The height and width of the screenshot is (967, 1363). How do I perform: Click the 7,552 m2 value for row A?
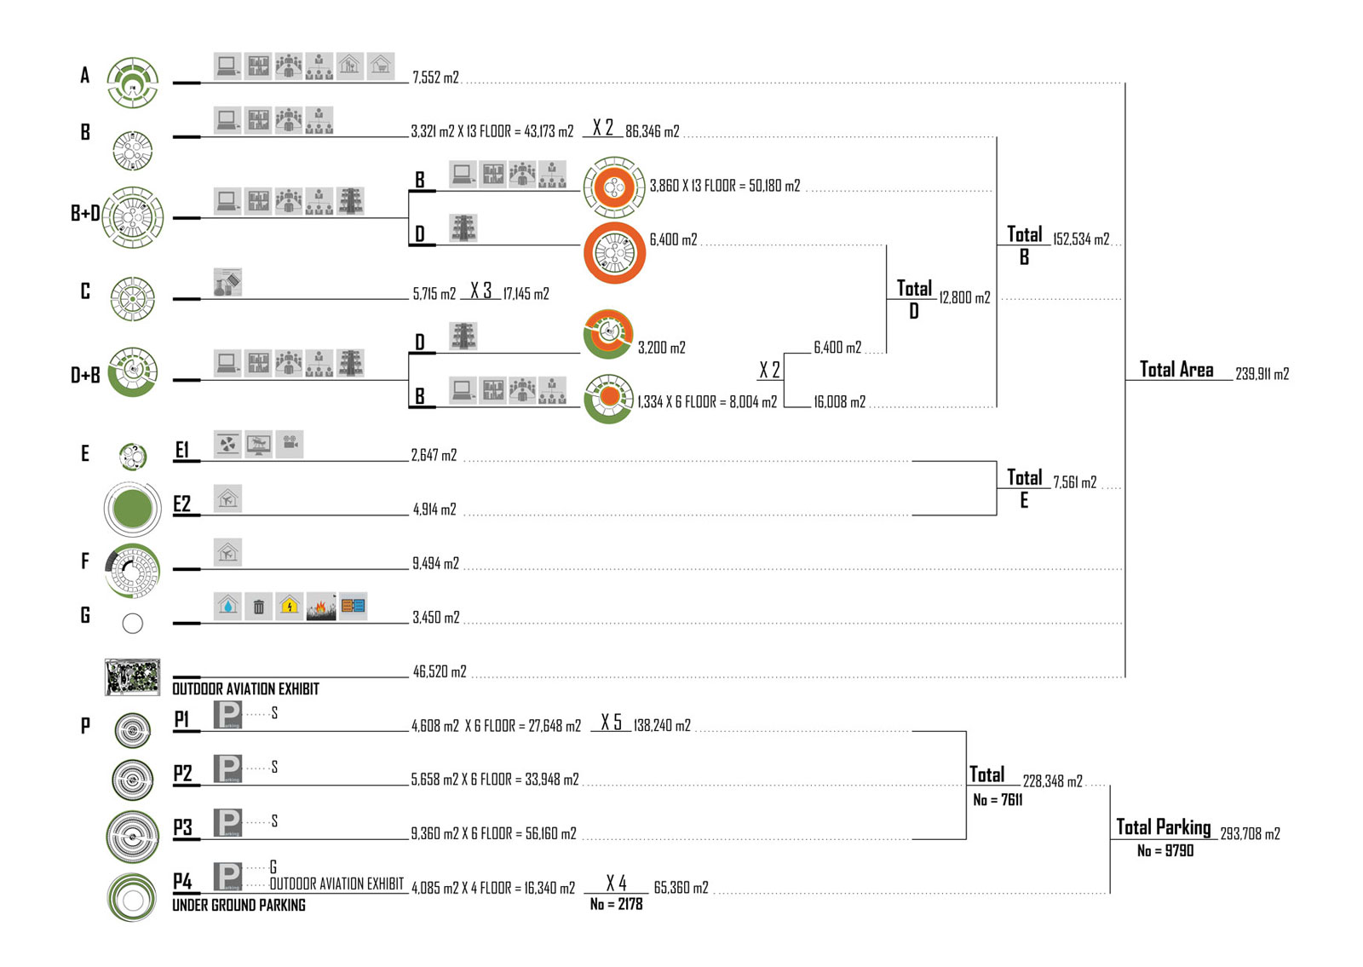click(435, 78)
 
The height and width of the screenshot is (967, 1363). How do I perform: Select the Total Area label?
click(1176, 369)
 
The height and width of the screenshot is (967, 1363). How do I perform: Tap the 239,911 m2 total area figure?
click(1262, 374)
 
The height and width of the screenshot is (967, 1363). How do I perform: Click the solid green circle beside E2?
click(132, 509)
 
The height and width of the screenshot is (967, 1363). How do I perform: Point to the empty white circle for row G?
click(132, 624)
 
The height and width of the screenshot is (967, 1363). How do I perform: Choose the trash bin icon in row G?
click(258, 607)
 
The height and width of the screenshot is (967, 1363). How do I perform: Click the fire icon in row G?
click(321, 607)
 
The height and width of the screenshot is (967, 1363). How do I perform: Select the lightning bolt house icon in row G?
click(290, 607)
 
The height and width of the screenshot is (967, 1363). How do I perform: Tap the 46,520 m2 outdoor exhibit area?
click(440, 672)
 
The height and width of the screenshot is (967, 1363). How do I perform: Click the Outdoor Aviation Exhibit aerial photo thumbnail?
click(132, 676)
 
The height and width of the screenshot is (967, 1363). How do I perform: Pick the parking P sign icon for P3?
click(227, 823)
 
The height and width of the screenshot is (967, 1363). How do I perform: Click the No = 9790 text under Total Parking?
click(1165, 851)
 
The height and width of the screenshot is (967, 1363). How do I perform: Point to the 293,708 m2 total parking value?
click(1250, 834)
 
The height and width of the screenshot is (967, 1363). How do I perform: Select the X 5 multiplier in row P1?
click(611, 722)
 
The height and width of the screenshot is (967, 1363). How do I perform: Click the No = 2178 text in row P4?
click(616, 905)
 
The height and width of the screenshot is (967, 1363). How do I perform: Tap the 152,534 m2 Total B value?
click(1081, 239)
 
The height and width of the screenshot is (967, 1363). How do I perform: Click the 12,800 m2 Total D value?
click(964, 298)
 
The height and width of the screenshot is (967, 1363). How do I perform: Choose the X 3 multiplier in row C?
click(480, 291)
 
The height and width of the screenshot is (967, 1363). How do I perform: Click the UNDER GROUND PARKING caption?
click(239, 906)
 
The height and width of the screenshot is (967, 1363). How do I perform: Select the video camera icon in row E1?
click(290, 444)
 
